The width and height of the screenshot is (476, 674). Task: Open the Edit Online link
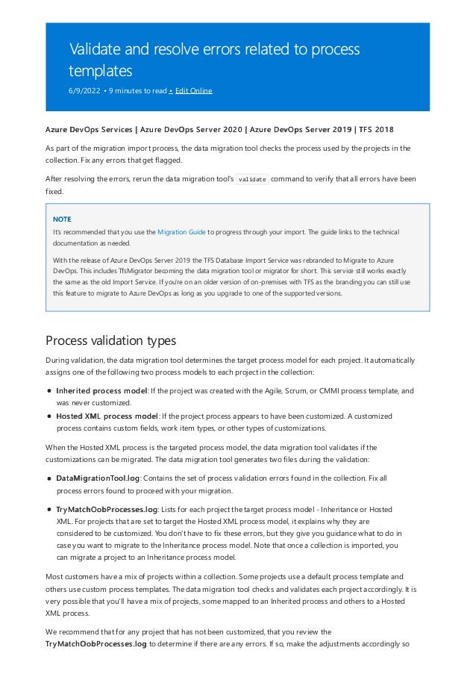[x=193, y=91]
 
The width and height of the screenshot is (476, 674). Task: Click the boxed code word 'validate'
[x=251, y=180]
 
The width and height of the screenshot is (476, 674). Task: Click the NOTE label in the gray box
[x=62, y=220]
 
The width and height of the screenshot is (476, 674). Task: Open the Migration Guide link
[x=181, y=233]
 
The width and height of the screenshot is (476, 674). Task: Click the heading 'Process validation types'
[x=110, y=341]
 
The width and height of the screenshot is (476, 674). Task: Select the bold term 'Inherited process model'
[x=101, y=390]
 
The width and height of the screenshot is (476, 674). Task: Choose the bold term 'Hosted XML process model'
[x=107, y=416]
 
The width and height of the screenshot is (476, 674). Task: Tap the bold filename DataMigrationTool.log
[x=98, y=477]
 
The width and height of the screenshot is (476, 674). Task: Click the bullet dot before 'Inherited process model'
[x=49, y=390]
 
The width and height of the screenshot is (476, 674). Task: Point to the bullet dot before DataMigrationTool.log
[x=49, y=477]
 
